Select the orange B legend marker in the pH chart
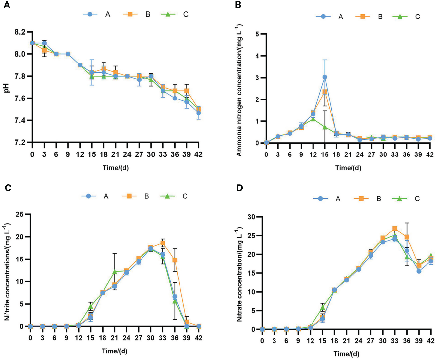(x=130, y=14)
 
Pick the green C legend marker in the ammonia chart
(x=400, y=16)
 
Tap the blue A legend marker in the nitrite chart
(x=88, y=196)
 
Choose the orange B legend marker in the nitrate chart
(x=361, y=198)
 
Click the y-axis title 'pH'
(x=7, y=87)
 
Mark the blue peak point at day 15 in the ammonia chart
(x=325, y=77)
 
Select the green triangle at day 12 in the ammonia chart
(x=313, y=119)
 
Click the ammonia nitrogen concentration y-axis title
(x=239, y=90)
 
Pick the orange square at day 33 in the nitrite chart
(x=162, y=243)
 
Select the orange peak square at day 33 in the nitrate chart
(x=395, y=229)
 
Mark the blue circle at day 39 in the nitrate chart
(x=419, y=271)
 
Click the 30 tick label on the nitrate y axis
(x=252, y=217)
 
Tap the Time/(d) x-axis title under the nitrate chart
(x=347, y=354)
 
